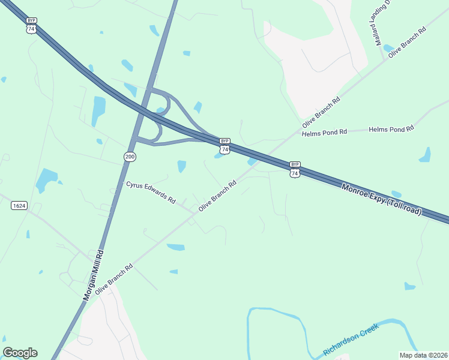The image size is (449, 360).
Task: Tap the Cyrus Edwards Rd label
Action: point(151,191)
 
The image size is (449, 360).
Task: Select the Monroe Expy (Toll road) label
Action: point(382,199)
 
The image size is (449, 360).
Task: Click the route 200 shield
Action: point(130,157)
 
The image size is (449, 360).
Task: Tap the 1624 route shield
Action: point(19,205)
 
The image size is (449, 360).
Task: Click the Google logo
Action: point(20,353)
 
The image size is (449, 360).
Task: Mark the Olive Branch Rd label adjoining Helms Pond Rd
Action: point(321,112)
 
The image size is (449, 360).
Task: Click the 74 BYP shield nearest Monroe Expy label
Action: point(294,169)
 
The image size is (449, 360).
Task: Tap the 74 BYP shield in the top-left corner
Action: point(31,25)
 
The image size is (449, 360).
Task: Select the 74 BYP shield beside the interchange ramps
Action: point(224,145)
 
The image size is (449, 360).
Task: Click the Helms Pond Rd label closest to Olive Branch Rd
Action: point(325,132)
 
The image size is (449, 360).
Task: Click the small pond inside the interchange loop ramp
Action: point(160,110)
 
